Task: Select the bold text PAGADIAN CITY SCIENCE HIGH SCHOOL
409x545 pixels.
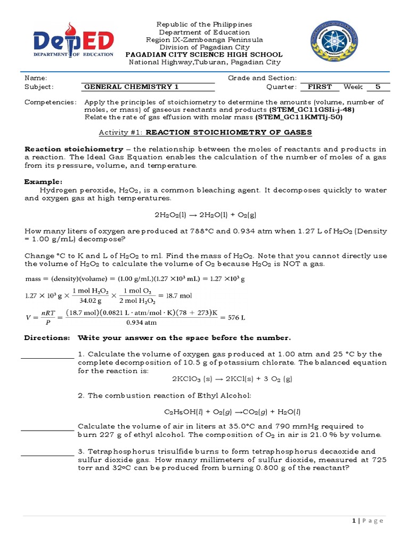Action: [x=204, y=55]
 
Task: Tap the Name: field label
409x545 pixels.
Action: [x=36, y=78]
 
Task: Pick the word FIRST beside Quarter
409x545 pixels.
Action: [x=320, y=87]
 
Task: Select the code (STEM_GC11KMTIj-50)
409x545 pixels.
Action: [x=298, y=117]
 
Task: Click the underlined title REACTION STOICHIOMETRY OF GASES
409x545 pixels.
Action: [x=229, y=132]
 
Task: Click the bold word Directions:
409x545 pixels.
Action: [x=47, y=338]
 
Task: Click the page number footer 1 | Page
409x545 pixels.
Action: [x=367, y=521]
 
